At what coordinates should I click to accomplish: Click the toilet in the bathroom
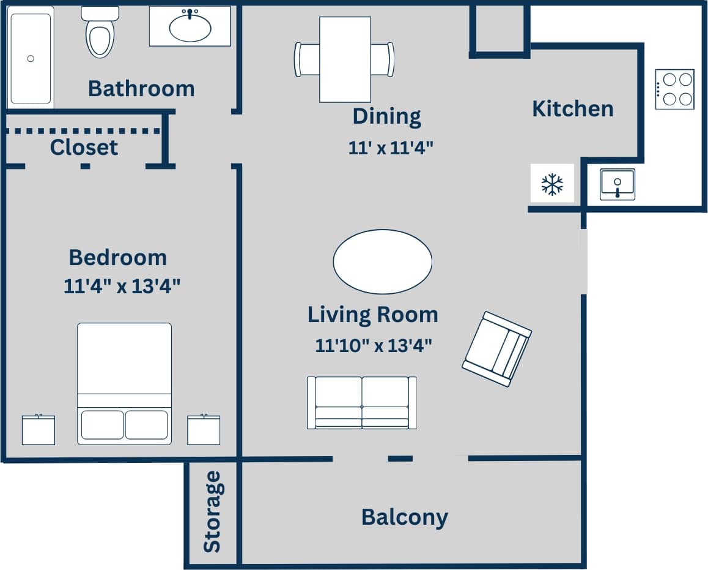100,34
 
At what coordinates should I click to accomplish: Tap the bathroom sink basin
190,27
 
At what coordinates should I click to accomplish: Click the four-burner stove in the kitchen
674,89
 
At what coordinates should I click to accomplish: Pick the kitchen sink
617,184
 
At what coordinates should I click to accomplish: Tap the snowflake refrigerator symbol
552,184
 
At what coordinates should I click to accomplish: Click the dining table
345,59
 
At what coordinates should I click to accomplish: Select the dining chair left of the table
307,59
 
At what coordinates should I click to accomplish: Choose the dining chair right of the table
383,59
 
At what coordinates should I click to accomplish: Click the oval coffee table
383,261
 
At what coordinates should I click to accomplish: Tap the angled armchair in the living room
496,349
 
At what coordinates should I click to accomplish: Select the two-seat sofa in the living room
361,402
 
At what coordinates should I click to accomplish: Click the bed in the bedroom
124,383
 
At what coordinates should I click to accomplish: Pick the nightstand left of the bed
39,430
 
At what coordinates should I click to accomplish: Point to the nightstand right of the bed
204,430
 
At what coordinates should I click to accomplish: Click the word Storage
212,512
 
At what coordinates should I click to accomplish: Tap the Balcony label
404,517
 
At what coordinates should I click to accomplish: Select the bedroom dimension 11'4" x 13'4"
122,286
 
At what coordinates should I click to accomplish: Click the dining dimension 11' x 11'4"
391,148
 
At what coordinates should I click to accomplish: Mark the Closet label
84,148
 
